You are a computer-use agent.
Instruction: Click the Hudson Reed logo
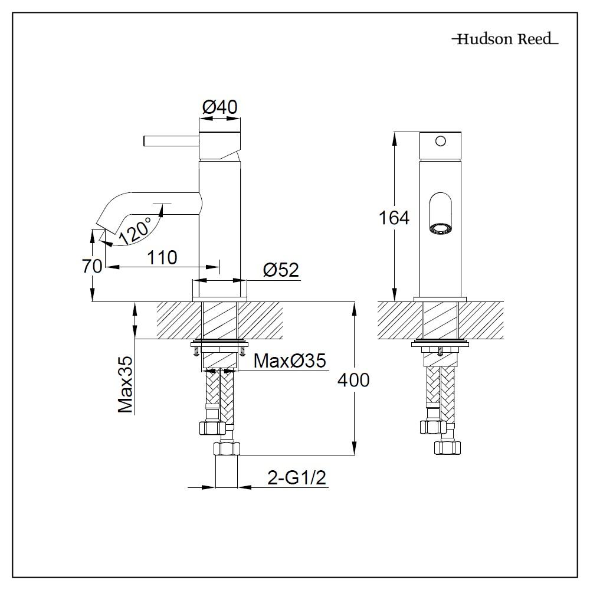(506, 39)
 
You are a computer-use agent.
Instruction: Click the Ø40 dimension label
(219, 107)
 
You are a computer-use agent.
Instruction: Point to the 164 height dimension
(394, 218)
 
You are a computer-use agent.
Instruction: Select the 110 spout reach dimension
(162, 258)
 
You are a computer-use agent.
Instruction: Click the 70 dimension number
(92, 267)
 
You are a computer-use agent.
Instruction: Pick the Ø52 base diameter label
(281, 270)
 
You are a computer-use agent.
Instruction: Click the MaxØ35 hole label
(290, 361)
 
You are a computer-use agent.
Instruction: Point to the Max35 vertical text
(126, 385)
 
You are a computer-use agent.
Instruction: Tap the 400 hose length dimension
(353, 380)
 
